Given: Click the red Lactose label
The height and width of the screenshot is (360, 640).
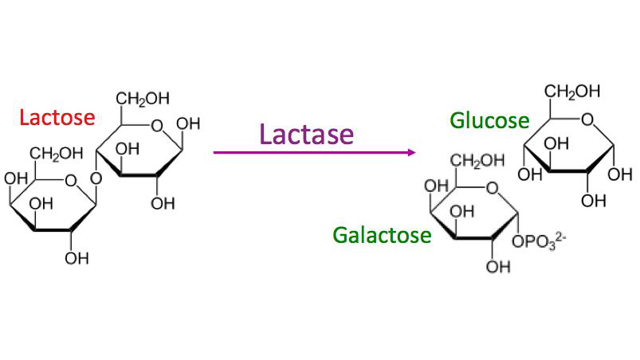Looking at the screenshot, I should (57, 118).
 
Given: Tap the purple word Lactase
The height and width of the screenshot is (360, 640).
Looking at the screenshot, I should (305, 133).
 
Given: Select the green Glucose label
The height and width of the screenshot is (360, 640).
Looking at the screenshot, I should (489, 120).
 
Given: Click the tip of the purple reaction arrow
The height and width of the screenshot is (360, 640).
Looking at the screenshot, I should (415, 151).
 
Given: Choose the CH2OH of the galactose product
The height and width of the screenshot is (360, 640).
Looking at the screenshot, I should (477, 161).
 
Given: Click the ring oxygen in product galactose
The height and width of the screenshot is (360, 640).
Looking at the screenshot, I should (492, 188).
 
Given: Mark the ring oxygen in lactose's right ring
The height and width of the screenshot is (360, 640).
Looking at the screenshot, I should (155, 124).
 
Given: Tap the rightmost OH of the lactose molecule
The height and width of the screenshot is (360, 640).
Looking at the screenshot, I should (189, 124).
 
